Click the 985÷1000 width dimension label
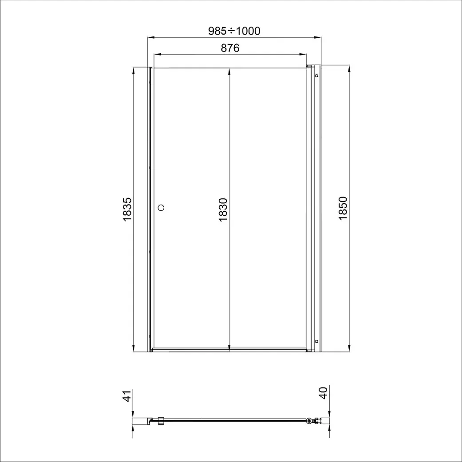pyautogui.click(x=234, y=31)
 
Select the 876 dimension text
pyautogui.click(x=230, y=48)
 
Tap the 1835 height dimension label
pyautogui.click(x=127, y=209)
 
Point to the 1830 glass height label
pyautogui.click(x=223, y=210)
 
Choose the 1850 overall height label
pyautogui.click(x=343, y=208)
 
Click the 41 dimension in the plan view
pyautogui.click(x=127, y=396)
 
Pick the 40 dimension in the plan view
pyautogui.click(x=324, y=393)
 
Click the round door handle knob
pyautogui.click(x=161, y=208)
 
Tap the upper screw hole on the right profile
pyautogui.click(x=316, y=76)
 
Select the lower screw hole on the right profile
pyautogui.click(x=316, y=341)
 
